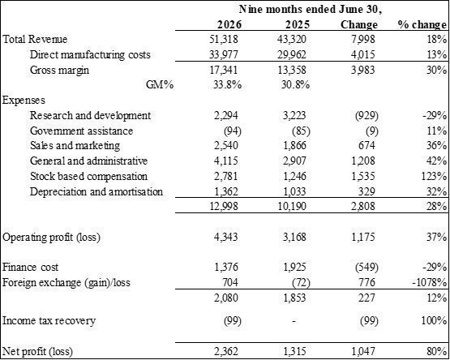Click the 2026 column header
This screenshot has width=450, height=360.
click(x=229, y=24)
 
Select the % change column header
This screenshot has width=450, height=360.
click(x=422, y=24)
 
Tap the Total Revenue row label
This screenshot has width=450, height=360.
click(x=35, y=40)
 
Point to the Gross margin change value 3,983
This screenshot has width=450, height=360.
click(x=362, y=70)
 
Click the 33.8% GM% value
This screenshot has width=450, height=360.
click(x=227, y=85)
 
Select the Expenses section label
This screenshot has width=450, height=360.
click(x=24, y=101)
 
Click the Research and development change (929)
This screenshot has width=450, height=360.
click(x=366, y=115)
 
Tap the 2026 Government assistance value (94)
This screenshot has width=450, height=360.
click(x=233, y=131)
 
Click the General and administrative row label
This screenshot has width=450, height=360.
click(x=88, y=161)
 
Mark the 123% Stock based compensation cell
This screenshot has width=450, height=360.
click(x=434, y=176)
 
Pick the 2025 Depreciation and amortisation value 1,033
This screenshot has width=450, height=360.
click(x=294, y=191)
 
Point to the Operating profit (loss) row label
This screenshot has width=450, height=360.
click(x=51, y=238)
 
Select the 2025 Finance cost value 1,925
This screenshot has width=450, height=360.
click(x=294, y=268)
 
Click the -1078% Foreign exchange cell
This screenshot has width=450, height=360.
click(x=430, y=282)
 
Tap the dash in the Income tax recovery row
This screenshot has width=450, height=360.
click(x=294, y=321)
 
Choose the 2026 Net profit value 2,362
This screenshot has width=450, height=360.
click(x=226, y=351)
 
